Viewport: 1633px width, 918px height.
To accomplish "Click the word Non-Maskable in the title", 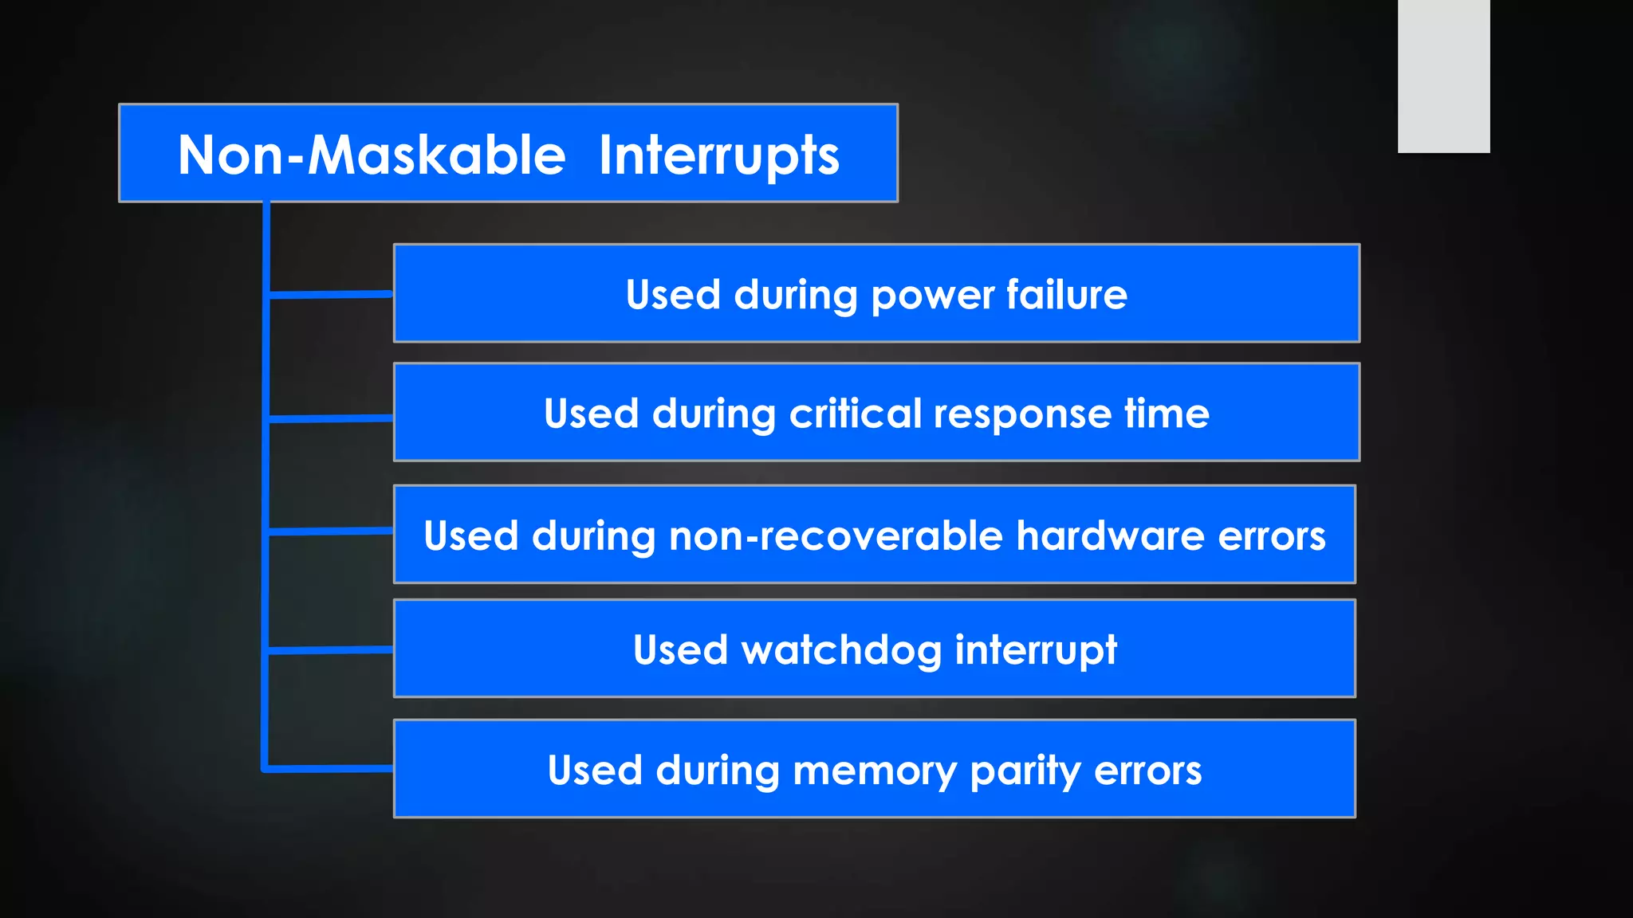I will click(372, 155).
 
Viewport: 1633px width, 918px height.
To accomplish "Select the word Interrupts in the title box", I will click(718, 155).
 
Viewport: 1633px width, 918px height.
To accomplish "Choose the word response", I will click(1021, 414).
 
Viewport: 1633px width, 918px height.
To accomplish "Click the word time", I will click(1167, 414).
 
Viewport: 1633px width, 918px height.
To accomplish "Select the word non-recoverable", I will click(836, 535).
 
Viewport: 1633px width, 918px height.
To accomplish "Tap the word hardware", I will click(1110, 535).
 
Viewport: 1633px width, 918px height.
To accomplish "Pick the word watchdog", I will click(841, 650).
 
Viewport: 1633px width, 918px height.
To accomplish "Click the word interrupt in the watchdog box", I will click(1036, 650).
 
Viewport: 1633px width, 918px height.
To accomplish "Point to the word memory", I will click(875, 771).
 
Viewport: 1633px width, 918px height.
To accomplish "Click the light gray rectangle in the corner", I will click(1443, 76).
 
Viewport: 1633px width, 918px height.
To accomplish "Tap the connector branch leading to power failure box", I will click(330, 295).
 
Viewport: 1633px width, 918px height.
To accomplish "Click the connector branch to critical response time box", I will click(330, 418).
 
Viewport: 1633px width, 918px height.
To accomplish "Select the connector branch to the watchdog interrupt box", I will click(330, 650).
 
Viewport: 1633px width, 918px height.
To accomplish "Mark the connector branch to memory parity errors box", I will click(330, 769).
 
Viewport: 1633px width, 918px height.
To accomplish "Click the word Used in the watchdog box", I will click(680, 650).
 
